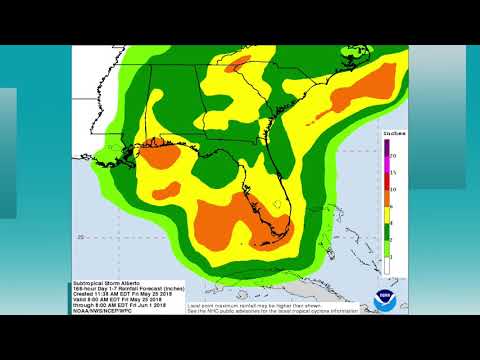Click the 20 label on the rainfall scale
click(x=393, y=156)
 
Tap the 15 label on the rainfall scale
click(x=393, y=172)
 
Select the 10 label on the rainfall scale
click(x=393, y=188)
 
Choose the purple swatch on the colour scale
click(x=385, y=148)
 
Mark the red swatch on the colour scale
click(x=385, y=180)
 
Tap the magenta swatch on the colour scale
click(x=385, y=164)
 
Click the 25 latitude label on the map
click(x=80, y=236)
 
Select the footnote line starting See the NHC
click(x=272, y=311)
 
